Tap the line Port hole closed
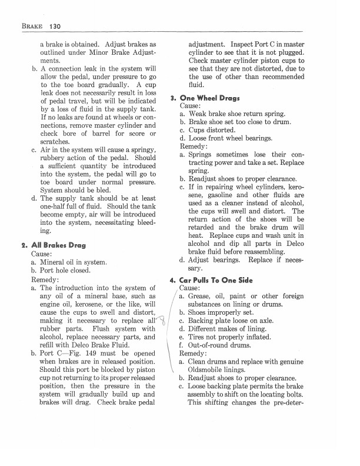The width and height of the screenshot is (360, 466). pos(65,271)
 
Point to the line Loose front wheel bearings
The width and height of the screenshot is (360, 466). pos(226,138)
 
